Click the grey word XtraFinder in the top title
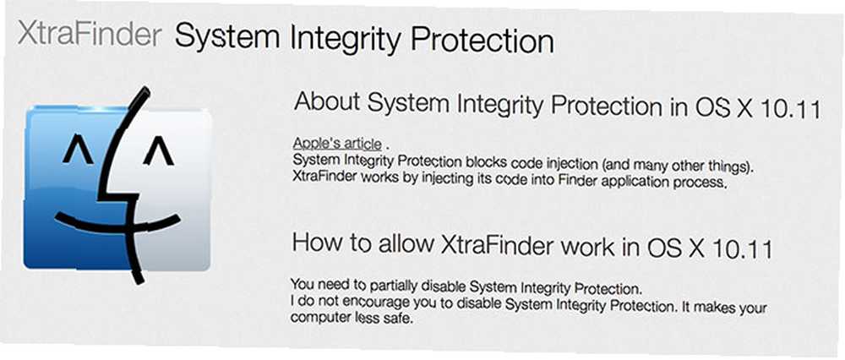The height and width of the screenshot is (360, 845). click(x=90, y=35)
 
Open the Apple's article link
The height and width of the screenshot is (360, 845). click(x=337, y=144)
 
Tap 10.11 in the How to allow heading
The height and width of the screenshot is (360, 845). click(x=743, y=249)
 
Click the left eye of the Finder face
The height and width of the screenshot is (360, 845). click(x=77, y=152)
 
